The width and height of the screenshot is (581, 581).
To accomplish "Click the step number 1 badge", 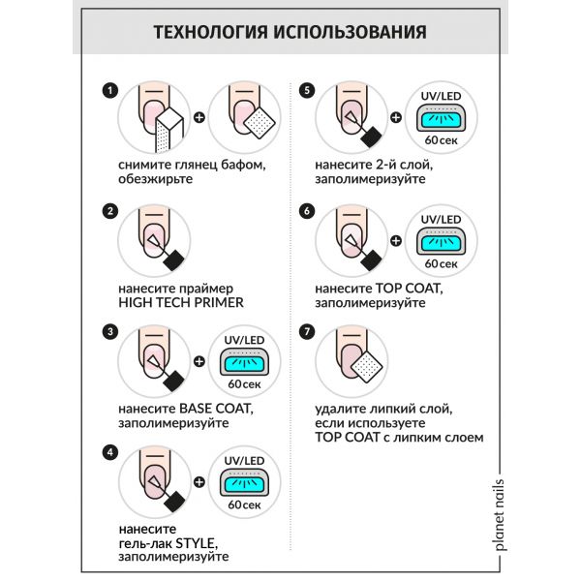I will point(110,92).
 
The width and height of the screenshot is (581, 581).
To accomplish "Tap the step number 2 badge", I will point(110,212).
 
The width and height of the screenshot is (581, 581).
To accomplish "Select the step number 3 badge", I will point(110,332).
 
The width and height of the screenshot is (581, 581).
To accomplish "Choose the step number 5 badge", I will point(308,92).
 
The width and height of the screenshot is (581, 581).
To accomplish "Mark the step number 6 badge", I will point(308,212).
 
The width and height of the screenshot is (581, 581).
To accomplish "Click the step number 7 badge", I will point(308,332).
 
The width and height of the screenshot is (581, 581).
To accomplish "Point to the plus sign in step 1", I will point(200,120).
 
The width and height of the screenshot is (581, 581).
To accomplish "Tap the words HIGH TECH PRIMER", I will point(179,302).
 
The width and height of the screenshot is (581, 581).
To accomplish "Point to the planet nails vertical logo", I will point(500,514).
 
